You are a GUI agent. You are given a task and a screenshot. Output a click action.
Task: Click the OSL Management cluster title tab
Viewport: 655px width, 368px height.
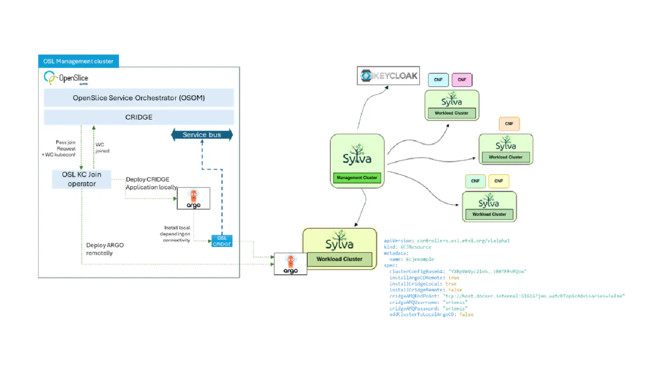tap(78, 61)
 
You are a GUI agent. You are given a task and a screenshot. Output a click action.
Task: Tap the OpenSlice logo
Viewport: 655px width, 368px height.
tap(66, 78)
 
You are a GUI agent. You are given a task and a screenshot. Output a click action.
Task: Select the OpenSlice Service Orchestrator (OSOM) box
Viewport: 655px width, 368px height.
tap(139, 98)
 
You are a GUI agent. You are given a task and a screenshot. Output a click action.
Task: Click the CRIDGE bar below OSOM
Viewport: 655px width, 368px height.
tap(139, 117)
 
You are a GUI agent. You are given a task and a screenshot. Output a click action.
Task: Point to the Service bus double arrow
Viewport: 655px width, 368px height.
tap(202, 135)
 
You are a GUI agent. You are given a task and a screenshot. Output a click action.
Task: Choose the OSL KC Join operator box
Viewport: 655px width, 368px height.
tap(82, 179)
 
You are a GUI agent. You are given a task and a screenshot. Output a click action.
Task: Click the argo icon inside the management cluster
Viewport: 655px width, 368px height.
tap(193, 198)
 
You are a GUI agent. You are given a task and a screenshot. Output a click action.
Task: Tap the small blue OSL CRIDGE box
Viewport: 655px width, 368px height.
tap(222, 241)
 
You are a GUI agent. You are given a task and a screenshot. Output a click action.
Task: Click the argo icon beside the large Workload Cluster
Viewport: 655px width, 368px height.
tap(290, 264)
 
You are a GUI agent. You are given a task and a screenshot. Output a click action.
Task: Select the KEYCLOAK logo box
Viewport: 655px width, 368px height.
tap(388, 76)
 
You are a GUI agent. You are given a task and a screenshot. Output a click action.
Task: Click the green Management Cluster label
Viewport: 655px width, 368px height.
tap(357, 177)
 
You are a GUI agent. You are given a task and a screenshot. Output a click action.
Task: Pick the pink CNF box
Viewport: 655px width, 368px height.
tap(462, 80)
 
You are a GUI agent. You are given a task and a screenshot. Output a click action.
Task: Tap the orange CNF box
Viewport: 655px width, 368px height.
tap(509, 124)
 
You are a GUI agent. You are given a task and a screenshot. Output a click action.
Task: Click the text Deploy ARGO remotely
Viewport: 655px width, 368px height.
tap(105, 249)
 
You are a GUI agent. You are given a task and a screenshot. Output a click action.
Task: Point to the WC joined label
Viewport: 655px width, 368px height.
tap(102, 148)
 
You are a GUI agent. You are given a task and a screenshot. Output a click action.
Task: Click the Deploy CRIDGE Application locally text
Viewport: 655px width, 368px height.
tap(151, 183)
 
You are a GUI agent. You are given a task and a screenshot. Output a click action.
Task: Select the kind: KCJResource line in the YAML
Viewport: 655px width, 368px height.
tap(407, 247)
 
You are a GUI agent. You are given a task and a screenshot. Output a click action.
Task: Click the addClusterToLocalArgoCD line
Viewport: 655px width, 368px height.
tap(431, 314)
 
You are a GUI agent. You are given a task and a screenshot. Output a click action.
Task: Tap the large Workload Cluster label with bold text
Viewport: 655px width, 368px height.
tap(339, 259)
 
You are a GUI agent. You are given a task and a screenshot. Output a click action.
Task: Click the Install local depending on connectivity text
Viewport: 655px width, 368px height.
tap(176, 234)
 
